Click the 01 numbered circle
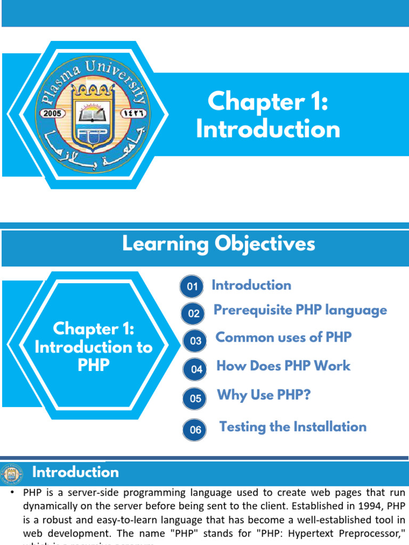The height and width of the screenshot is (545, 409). click(192, 287)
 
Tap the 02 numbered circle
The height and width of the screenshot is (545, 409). click(194, 313)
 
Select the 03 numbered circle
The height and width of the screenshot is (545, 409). click(195, 341)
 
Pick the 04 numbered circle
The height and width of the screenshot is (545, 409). click(197, 369)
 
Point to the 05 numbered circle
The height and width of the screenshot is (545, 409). click(195, 398)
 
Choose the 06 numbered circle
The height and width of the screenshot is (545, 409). click(195, 430)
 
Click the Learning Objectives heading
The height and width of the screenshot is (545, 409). click(218, 244)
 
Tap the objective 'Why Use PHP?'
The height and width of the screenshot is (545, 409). click(264, 395)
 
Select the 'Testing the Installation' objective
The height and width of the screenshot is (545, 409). click(293, 427)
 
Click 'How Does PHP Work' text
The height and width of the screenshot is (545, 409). click(283, 366)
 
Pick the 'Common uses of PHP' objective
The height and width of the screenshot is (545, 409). click(283, 337)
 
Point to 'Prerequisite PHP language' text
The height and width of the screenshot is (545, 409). click(300, 310)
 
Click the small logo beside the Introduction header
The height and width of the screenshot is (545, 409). click(12, 473)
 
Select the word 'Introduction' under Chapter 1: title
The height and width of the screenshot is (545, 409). click(268, 130)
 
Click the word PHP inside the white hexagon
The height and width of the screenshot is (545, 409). click(93, 365)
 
